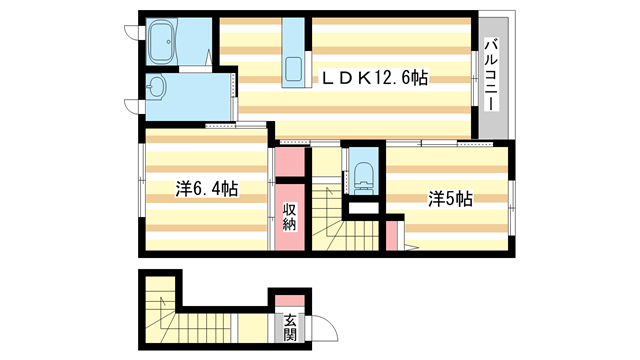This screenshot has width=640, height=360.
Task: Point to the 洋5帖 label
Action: coord(450,198)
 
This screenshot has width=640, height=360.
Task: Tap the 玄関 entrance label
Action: coord(290,328)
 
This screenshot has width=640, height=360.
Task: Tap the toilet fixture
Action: coord(361,174)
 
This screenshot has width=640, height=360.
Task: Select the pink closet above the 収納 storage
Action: coord(288,160)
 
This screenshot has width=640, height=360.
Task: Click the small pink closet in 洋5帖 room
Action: coord(393,234)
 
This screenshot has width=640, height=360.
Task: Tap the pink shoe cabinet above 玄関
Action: coord(288,300)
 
